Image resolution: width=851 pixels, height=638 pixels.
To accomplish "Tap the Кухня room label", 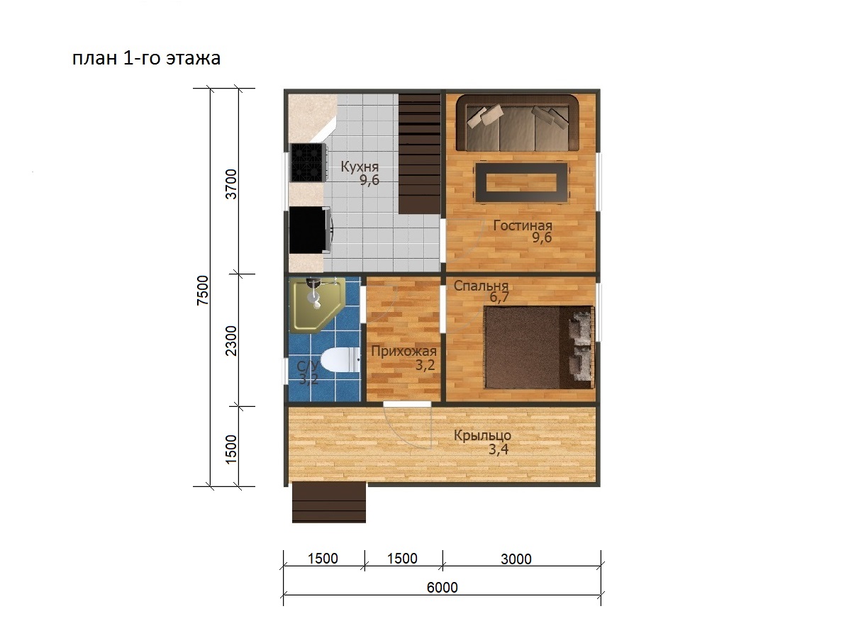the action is pos(360,167).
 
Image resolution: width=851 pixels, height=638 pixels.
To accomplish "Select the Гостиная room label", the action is pos(523,225).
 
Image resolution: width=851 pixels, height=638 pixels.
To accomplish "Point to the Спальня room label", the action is pos(481,286).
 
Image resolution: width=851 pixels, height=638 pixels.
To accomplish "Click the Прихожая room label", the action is pos(404,352).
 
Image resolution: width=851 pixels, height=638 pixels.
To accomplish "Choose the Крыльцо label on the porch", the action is pos(482,436).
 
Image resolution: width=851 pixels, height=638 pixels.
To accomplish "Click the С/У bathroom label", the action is pos(308,366).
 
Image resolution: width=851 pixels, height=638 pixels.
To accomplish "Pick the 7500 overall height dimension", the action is pos(203,290).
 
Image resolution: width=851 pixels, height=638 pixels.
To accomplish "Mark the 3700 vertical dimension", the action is pos(231,184).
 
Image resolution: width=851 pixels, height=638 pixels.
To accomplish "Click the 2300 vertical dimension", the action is pos(231,340).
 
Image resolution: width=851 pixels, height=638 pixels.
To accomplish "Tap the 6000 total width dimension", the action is pos(442,588).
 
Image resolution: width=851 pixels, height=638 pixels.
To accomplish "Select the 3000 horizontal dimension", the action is pos(516,559).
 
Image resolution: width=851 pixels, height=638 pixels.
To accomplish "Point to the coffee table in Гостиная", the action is pos(521,182).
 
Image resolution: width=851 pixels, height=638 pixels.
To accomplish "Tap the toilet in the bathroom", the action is pos(341,360).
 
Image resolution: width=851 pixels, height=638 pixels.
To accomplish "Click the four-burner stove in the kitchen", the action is pos(308,163).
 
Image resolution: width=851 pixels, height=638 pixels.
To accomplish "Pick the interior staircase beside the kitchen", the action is pos(420,153).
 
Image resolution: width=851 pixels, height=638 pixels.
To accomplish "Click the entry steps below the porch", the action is pos(329,502).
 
